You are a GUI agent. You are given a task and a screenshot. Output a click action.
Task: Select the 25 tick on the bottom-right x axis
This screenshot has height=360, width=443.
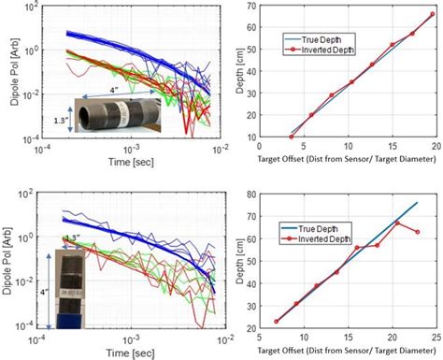pyautogui.click(x=435, y=334)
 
